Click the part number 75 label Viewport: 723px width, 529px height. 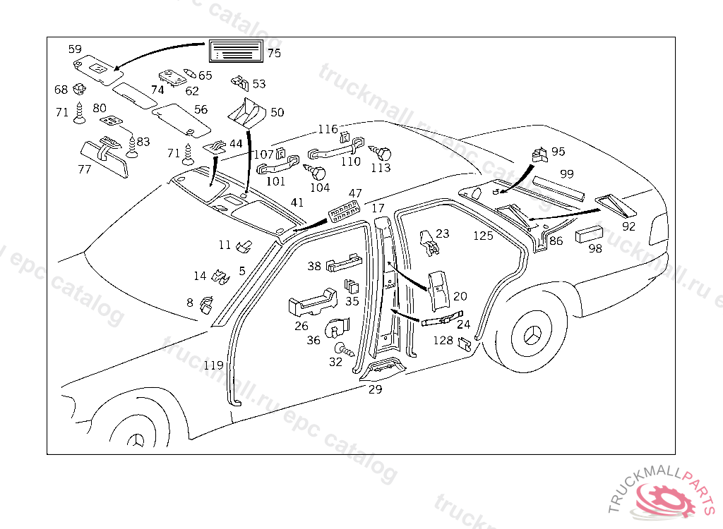click(274, 53)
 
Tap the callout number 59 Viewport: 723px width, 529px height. click(75, 49)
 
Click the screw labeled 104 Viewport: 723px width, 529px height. click(317, 172)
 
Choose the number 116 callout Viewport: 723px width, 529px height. click(328, 129)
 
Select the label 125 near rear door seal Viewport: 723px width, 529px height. click(483, 236)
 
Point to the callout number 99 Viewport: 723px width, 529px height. click(567, 174)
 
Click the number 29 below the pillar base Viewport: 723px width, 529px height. click(376, 389)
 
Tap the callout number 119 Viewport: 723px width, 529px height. click(213, 365)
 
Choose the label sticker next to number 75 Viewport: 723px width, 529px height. click(236, 52)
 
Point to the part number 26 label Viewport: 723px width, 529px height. click(301, 326)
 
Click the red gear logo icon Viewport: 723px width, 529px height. click(666, 499)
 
